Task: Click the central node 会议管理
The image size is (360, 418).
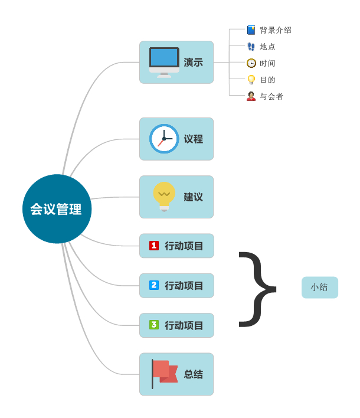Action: tap(57, 209)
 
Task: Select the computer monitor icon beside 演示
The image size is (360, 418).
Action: tap(164, 63)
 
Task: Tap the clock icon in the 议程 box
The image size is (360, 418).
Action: tap(164, 139)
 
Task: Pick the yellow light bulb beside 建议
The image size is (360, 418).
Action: tap(164, 197)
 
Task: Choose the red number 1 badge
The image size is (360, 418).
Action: tap(154, 246)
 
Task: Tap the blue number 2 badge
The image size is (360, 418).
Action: tap(154, 285)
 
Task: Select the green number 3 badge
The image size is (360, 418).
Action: tap(154, 325)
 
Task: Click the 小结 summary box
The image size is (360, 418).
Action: tap(320, 288)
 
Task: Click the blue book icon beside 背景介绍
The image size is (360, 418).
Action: tap(251, 30)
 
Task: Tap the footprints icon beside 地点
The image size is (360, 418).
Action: tap(251, 47)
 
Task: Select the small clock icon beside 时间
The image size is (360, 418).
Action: tap(251, 63)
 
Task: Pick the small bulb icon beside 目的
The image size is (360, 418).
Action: tap(251, 80)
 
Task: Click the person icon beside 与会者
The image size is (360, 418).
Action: tap(251, 96)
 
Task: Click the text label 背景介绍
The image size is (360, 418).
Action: tap(276, 30)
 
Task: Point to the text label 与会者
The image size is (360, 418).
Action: tap(271, 96)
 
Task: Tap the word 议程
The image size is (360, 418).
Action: tap(194, 139)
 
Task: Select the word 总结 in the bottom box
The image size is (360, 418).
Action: tap(194, 374)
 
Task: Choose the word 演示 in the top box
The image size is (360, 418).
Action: tap(194, 63)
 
